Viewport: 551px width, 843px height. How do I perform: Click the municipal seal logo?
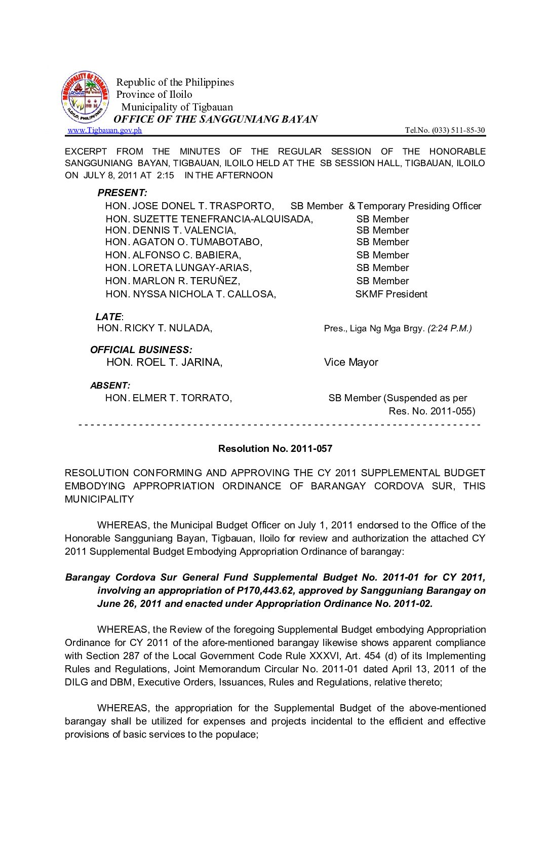(85, 97)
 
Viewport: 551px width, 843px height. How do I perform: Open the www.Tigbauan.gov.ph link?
(105, 130)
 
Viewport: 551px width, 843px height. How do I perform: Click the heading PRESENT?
(122, 193)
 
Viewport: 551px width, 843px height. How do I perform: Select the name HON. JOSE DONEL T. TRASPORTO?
(189, 206)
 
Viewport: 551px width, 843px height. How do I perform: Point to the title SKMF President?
(391, 294)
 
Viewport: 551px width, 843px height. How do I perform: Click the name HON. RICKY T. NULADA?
(154, 328)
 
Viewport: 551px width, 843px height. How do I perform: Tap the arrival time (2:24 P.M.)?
(450, 328)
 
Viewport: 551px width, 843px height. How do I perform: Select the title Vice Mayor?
(351, 362)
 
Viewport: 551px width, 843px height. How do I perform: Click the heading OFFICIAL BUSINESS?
(141, 350)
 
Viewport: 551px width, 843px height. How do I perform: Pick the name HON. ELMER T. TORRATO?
(168, 398)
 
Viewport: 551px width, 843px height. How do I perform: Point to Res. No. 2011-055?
(431, 411)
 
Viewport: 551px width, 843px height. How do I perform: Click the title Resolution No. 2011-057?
(275, 448)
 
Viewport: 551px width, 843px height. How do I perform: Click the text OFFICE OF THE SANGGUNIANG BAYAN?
(215, 120)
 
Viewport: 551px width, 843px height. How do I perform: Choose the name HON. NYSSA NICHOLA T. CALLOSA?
(190, 294)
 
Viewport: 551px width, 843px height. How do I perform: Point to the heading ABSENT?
(110, 386)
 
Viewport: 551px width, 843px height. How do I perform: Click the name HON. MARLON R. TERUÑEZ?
(172, 281)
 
